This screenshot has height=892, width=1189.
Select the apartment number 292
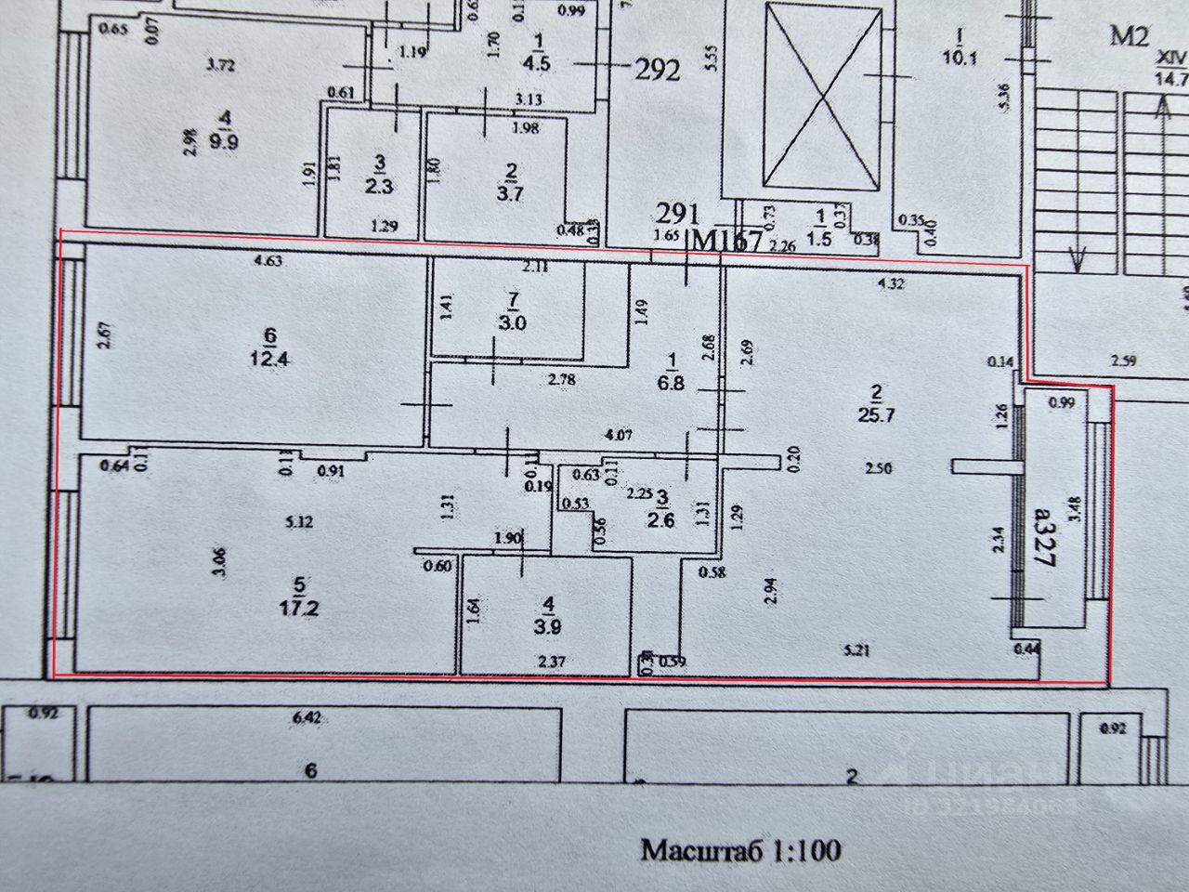pyautogui.click(x=657, y=71)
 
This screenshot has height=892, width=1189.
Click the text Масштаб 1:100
pyautogui.click(x=740, y=849)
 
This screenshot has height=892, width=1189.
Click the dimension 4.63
pyautogui.click(x=268, y=261)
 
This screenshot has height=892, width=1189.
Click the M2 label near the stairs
pyautogui.click(x=1130, y=37)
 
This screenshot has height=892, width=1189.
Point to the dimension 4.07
pyautogui.click(x=618, y=434)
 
